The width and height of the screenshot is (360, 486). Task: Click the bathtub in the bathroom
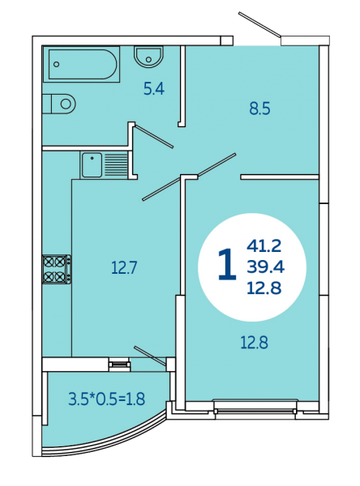[81, 64]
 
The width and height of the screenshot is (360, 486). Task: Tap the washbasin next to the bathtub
[148, 57]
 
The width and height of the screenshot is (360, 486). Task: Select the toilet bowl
[59, 104]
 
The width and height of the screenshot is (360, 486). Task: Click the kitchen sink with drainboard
[105, 165]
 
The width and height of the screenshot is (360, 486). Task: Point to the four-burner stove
[57, 269]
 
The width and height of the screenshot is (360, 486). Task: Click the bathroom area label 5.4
[153, 89]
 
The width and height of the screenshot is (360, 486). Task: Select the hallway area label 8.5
[259, 109]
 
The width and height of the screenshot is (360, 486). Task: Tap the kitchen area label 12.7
[124, 267]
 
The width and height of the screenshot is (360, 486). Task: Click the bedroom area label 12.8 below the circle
[254, 343]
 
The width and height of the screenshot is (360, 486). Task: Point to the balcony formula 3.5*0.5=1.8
[107, 399]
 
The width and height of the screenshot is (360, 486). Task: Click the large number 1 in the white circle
[227, 264]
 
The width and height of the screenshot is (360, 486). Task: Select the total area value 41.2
[264, 246]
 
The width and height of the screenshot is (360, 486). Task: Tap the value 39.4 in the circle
[266, 266]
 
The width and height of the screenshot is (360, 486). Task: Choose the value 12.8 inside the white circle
[264, 288]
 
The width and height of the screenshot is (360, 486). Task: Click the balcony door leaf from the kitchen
[150, 355]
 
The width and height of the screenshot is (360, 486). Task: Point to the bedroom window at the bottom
[255, 411]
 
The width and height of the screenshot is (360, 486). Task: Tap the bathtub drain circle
[56, 65]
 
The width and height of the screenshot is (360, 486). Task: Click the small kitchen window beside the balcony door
[119, 364]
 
